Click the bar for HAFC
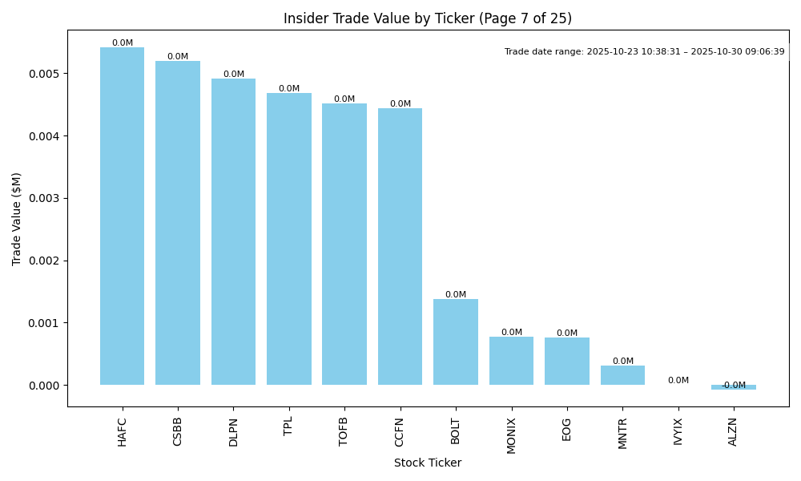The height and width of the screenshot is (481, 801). [x=122, y=216]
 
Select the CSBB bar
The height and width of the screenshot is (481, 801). [x=178, y=223]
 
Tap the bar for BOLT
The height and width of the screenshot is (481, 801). [x=456, y=342]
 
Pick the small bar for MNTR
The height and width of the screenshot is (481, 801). [x=622, y=375]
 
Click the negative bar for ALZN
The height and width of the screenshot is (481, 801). [x=733, y=387]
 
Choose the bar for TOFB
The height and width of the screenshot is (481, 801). [x=344, y=245]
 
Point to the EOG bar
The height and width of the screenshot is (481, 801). [x=567, y=362]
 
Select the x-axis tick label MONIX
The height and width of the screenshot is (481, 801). [x=511, y=435]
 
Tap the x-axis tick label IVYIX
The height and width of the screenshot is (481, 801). [x=678, y=431]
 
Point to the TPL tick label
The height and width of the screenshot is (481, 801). [x=288, y=426]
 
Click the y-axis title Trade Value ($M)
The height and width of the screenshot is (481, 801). [x=17, y=218]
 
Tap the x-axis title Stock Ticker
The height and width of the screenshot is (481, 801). [x=428, y=463]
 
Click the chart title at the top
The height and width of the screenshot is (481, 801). [x=428, y=18]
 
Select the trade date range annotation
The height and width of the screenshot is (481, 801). [x=644, y=51]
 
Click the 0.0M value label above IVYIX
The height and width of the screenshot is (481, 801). [x=678, y=381]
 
